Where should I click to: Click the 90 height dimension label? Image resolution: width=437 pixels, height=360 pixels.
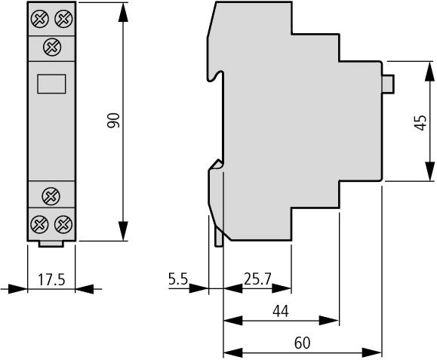click(113, 120)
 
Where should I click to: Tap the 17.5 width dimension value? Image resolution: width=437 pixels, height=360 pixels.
click(51, 279)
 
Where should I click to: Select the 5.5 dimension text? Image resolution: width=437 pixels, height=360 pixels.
click(178, 278)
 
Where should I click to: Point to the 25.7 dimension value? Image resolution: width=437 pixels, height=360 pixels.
click(257, 279)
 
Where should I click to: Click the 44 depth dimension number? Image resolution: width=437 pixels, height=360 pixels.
click(281, 311)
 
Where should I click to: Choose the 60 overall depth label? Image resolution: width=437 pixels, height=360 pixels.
click(302, 343)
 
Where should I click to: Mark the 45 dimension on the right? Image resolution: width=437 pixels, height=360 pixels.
click(420, 122)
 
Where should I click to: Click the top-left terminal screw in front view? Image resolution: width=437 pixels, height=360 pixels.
click(40, 19)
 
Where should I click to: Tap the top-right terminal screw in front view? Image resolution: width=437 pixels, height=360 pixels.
click(63, 19)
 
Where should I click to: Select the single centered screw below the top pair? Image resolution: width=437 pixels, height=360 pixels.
click(52, 47)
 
